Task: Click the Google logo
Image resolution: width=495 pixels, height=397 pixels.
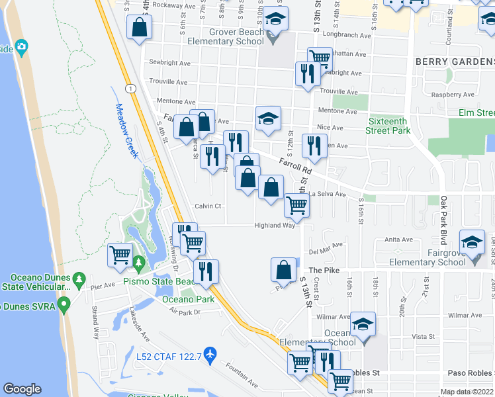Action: (x=22, y=390)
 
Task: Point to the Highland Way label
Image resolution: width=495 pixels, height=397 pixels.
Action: (x=275, y=226)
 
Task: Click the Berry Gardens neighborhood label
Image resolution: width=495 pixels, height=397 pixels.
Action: (x=455, y=61)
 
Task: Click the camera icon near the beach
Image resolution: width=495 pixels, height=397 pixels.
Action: (x=22, y=47)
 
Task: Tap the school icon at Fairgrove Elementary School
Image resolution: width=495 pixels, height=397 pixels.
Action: (x=472, y=244)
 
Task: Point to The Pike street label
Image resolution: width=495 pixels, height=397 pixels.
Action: (x=324, y=270)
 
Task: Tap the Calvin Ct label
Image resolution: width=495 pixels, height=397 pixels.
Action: (x=207, y=206)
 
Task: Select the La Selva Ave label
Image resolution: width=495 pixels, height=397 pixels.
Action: (x=329, y=195)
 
